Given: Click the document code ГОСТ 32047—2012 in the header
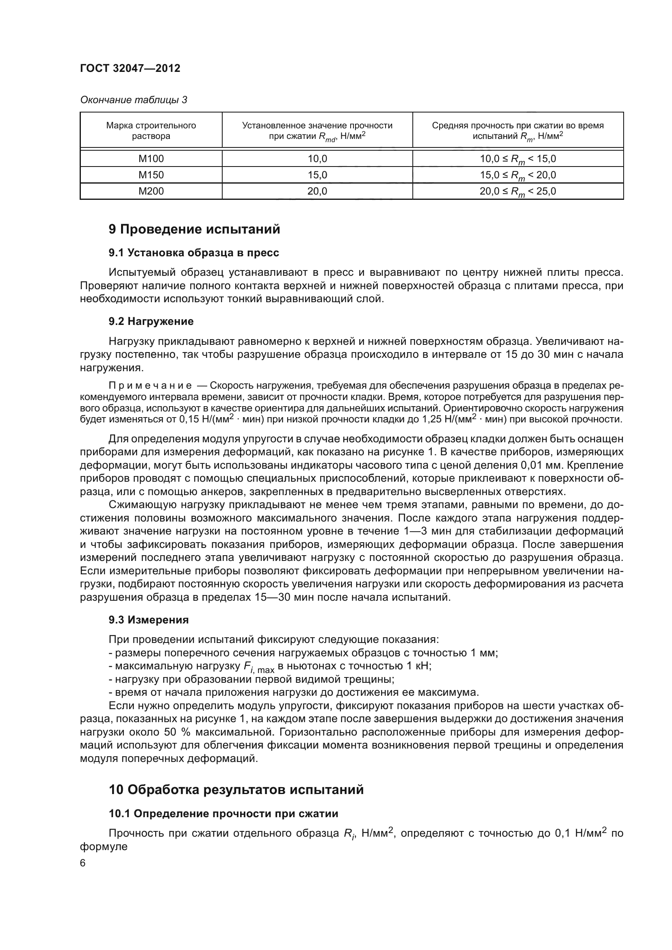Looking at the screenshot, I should pos(130,68).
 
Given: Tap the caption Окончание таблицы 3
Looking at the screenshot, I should pos(133,100).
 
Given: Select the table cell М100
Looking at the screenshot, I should pos(151,158).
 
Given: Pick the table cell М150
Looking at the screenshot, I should pos(151,175).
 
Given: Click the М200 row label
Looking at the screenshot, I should pos(151,191).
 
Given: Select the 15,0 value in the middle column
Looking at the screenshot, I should pos(317,175).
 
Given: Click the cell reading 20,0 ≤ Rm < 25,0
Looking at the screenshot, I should pos(518,191).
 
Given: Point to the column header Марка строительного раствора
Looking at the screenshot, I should pos(151,130).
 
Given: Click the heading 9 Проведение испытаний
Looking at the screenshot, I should pos(194,229).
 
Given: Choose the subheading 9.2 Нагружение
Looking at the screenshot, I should pos(151,321).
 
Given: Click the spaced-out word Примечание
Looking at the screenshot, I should pos(150,385).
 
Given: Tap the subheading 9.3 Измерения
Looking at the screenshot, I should pos(149,620).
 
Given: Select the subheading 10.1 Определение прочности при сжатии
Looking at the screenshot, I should pos(223,814).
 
